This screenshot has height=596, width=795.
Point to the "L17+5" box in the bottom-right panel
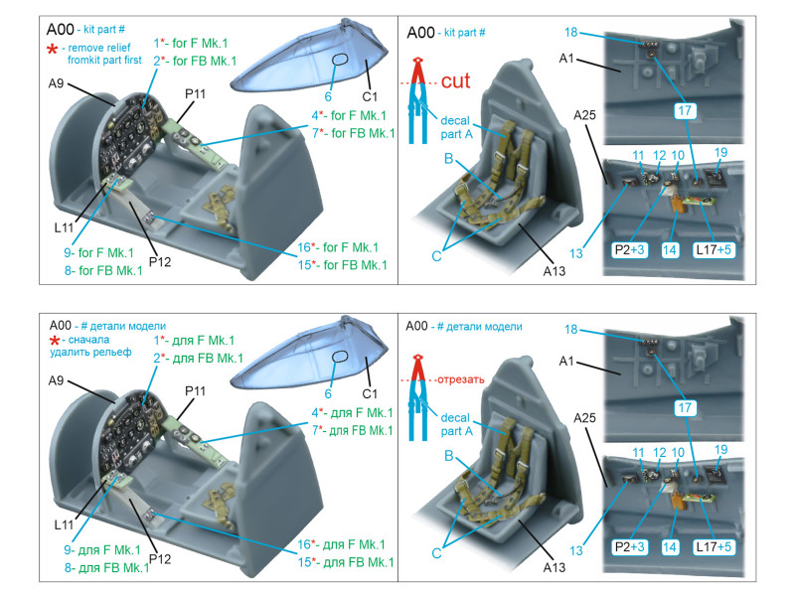tap(715, 251)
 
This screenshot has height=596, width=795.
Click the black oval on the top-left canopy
tap(338, 60)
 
